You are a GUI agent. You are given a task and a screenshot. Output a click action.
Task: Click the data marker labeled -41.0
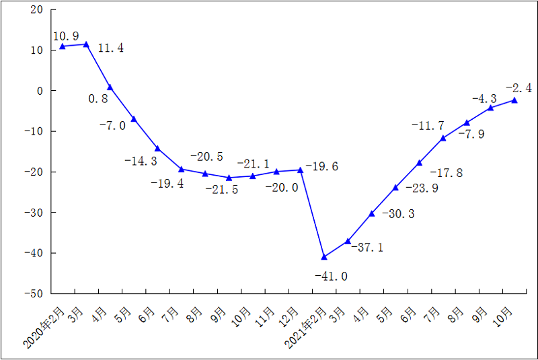324,256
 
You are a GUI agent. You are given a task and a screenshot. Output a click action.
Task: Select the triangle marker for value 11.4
86,44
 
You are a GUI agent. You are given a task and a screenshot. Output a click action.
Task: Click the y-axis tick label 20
36,10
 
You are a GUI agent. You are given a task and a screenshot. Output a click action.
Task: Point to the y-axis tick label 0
39,91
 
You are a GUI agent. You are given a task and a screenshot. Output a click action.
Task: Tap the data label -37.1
368,248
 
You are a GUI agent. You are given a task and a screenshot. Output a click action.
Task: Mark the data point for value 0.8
110,87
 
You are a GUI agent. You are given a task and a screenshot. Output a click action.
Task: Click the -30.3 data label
398,214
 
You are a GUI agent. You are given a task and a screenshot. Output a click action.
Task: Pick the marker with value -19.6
300,170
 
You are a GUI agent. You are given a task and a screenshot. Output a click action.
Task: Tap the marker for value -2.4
514,100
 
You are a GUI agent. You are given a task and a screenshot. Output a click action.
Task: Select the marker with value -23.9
395,188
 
